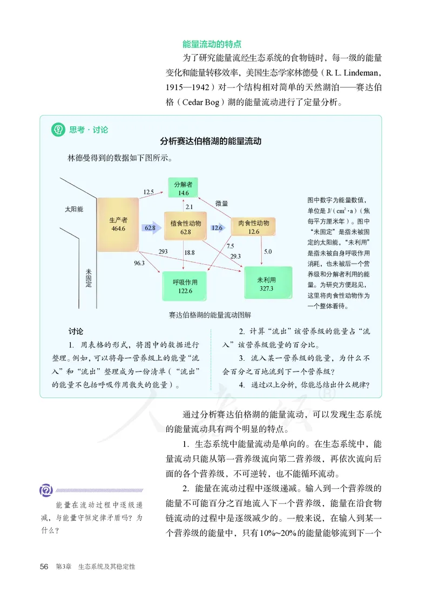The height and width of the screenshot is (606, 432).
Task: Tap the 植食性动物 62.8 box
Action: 185,227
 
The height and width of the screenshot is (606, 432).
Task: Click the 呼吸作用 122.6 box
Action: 185,286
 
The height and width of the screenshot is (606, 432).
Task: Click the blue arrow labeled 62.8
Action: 151,228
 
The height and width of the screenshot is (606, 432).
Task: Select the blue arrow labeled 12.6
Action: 218,228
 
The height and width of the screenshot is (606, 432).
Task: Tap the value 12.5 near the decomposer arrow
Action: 148,192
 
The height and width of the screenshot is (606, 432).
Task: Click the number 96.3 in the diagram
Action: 139,263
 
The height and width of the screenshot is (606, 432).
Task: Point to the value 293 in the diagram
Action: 163,252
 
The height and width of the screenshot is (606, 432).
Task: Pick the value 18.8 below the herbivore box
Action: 189,252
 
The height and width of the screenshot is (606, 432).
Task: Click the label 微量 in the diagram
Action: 221,204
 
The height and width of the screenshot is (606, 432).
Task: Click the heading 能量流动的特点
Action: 212,44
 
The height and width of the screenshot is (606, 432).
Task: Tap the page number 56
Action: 45,567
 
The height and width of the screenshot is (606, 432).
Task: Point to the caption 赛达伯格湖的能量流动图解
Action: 206,314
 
